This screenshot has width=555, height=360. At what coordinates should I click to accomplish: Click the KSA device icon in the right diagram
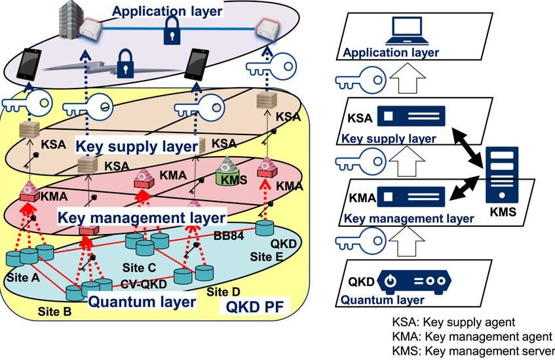click(x=413, y=118)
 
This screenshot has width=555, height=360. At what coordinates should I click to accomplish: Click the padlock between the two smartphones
click(x=122, y=66)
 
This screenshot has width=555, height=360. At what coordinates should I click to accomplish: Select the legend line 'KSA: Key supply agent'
click(x=454, y=323)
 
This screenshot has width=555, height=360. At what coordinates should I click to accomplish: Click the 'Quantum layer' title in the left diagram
click(x=142, y=302)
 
